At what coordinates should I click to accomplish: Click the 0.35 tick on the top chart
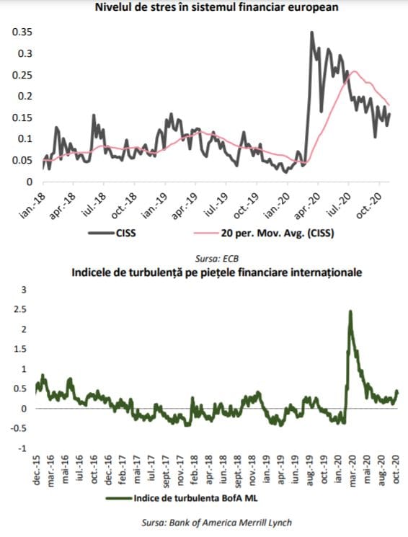(x=22, y=32)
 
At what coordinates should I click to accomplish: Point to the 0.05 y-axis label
(x=22, y=160)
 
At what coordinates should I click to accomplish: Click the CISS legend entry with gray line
(x=112, y=234)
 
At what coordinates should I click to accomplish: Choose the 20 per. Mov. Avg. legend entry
(x=264, y=234)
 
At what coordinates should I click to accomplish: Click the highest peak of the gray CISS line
(x=311, y=32)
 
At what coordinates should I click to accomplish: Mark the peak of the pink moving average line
(x=354, y=71)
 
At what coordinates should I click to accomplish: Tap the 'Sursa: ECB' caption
(x=216, y=258)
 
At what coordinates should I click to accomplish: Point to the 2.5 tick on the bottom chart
(x=19, y=310)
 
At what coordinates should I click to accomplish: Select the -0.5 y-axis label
(x=18, y=428)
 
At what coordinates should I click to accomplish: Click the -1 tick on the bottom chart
(x=22, y=448)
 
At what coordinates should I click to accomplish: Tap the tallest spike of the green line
(x=350, y=311)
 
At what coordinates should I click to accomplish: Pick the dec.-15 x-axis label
(x=37, y=470)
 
